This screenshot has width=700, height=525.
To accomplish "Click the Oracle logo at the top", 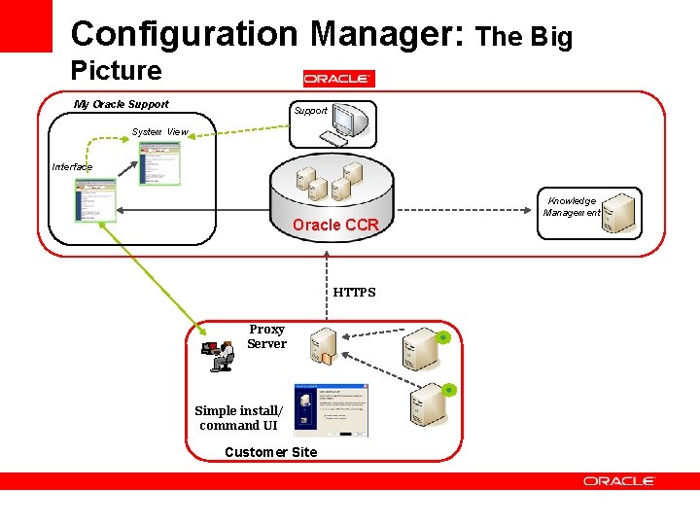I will pos(338,79).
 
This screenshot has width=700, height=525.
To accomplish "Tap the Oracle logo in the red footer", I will pos(619,481).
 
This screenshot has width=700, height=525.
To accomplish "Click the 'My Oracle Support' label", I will pos(122,104).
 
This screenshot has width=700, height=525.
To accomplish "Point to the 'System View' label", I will pos(159,132).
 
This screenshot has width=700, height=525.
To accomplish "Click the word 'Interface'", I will pos(72,167).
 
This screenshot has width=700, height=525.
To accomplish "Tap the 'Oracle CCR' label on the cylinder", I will pos(335,225).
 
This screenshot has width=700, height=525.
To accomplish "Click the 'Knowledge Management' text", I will pos(572,207).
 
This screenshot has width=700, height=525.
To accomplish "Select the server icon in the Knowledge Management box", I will pos(618,211).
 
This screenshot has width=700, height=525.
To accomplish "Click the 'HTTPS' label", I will pos(354,292).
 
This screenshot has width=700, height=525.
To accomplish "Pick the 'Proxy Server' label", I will pos(266,336).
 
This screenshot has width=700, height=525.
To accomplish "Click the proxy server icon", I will pos(322,347).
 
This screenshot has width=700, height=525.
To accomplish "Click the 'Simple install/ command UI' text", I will pos(238,418).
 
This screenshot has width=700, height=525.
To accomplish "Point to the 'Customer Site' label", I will pos(270,452).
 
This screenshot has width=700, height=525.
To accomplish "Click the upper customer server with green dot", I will pos(425,349).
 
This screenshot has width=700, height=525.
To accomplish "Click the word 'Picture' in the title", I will pos(117,70).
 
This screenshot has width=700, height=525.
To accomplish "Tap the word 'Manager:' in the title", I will pos(388,33).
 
